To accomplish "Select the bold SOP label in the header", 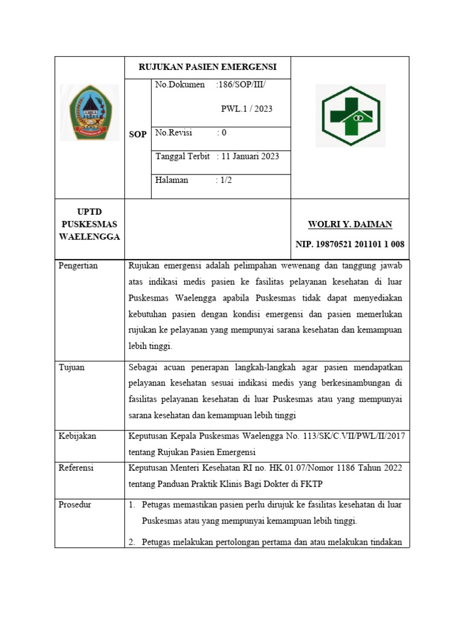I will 137,134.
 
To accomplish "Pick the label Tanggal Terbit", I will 182,156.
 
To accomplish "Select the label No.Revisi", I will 173,132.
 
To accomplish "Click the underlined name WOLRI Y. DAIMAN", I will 350,225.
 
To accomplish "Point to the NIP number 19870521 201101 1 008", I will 350,244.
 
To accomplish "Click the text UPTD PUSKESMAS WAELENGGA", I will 89,225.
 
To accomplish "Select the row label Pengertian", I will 79,266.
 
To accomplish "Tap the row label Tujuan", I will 71,367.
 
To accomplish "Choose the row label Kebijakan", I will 77,436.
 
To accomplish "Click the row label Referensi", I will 76,468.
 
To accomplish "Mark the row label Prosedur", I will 75,505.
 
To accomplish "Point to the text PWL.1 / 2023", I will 246,109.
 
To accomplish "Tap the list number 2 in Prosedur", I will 132,541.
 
